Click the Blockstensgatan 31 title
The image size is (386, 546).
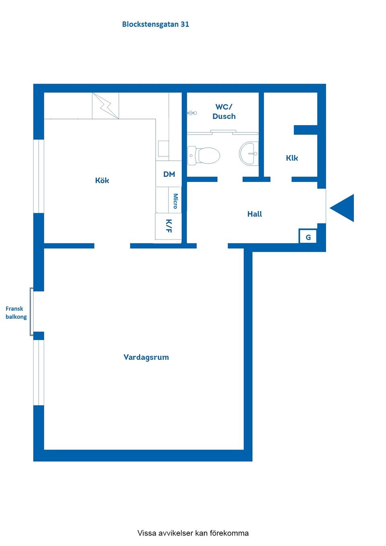[156, 25]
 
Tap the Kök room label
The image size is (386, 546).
[102, 181]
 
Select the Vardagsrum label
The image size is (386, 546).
[146, 357]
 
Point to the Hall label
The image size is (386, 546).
[255, 214]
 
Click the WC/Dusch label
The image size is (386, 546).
[224, 112]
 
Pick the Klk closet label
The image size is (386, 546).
[292, 158]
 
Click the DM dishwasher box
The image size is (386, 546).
[168, 174]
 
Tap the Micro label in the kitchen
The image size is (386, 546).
[175, 201]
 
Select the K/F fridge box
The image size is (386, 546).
[168, 226]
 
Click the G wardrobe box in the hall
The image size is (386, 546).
[308, 236]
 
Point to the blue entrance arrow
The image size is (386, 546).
[342, 208]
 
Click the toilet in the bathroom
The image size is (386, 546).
[204, 155]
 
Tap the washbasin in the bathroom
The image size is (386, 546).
[248, 153]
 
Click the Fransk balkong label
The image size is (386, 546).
[16, 313]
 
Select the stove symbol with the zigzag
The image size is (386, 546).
[105, 106]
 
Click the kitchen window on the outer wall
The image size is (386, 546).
[39, 176]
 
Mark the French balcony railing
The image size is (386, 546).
[31, 312]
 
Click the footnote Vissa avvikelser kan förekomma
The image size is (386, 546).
[193, 533]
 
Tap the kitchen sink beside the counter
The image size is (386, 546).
[163, 148]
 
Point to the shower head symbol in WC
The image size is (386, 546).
[192, 113]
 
